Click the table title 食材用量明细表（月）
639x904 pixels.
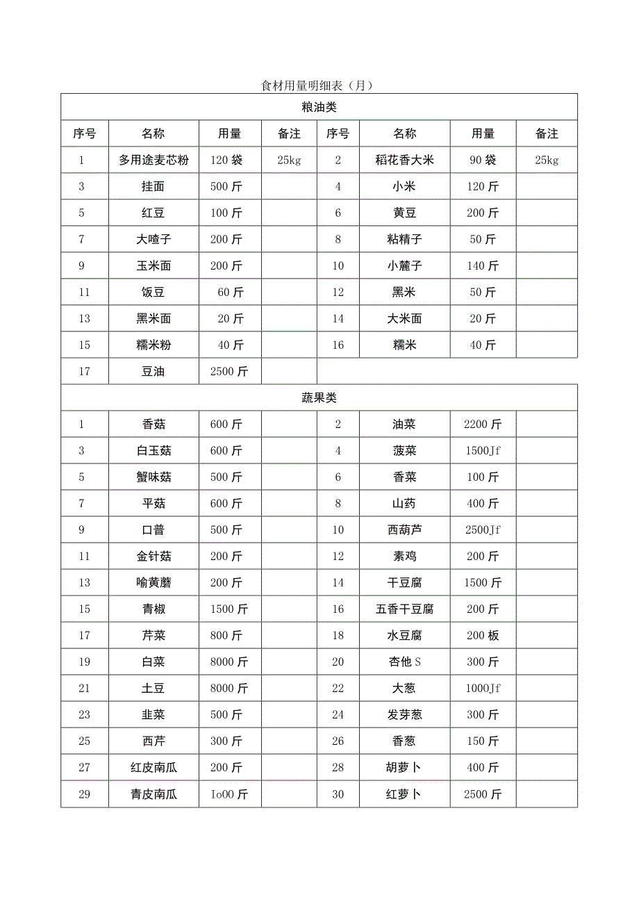tap(318, 86)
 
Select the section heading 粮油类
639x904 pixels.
tap(319, 107)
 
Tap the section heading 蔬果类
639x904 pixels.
tap(319, 397)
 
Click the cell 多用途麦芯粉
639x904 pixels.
tap(153, 160)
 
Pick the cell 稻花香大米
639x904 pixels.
tap(404, 160)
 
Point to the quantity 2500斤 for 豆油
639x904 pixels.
tap(229, 371)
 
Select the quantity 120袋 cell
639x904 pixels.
tap(226, 160)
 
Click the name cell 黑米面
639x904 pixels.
tap(153, 318)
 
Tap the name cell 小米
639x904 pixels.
tap(404, 186)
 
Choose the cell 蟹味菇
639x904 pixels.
tap(153, 477)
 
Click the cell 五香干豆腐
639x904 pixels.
tap(404, 609)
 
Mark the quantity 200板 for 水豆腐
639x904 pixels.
tap(483, 635)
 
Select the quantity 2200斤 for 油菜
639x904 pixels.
tap(483, 424)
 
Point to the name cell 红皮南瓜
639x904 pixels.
tap(153, 767)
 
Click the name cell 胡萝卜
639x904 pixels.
tap(404, 767)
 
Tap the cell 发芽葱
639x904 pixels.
tap(404, 714)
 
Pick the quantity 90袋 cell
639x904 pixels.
tap(483, 160)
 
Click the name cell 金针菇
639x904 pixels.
tap(153, 556)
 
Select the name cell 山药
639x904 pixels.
tap(404, 503)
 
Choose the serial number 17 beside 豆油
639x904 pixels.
tap(85, 371)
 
